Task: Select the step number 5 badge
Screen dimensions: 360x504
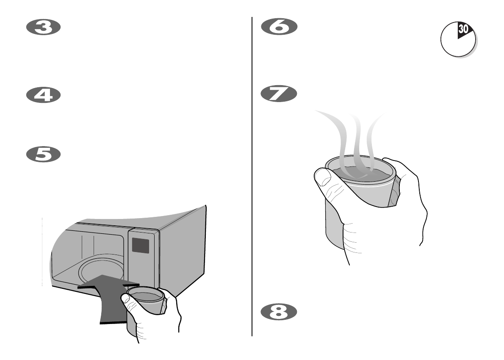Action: (x=44, y=154)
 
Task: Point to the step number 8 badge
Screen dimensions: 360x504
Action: (x=279, y=312)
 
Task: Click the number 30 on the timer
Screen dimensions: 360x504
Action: (x=463, y=30)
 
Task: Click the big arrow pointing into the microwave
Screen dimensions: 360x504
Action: (x=110, y=296)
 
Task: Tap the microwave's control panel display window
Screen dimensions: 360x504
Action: (x=141, y=245)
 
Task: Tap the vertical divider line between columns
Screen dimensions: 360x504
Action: (x=252, y=169)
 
